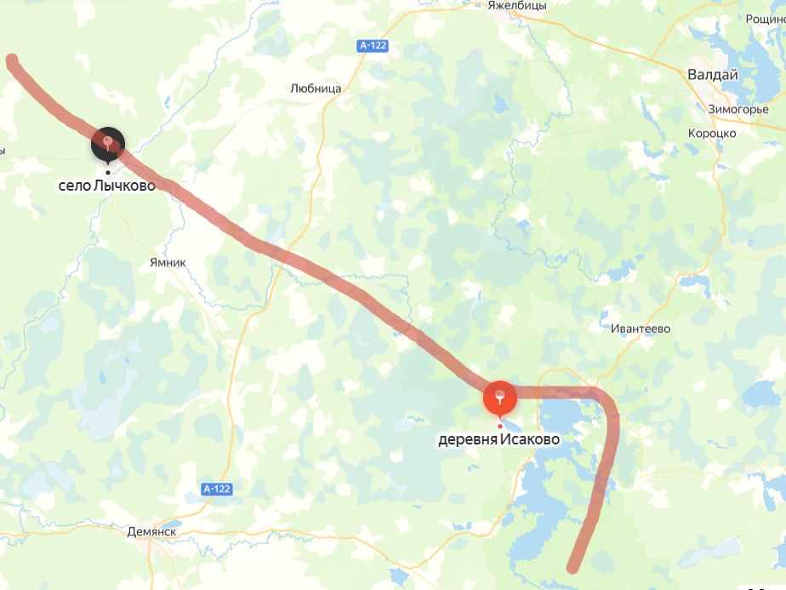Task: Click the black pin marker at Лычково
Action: tap(108, 144)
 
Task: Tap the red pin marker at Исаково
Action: tap(499, 397)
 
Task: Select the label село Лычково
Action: tap(107, 185)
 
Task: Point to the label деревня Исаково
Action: tap(498, 440)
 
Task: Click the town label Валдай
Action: tap(712, 75)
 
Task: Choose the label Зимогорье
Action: tap(738, 109)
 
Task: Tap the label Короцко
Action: tap(712, 133)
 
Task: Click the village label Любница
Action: tap(316, 88)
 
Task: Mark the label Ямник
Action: tap(167, 263)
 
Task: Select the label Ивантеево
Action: tap(641, 329)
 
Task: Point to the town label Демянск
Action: tap(151, 531)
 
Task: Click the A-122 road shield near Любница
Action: tap(371, 46)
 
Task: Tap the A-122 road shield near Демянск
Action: tap(217, 489)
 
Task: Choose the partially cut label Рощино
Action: tap(765, 19)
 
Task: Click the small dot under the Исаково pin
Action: tap(499, 426)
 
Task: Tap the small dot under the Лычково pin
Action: tap(108, 171)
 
